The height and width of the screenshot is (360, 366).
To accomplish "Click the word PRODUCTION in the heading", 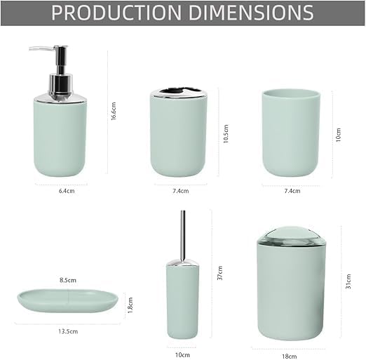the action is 116,13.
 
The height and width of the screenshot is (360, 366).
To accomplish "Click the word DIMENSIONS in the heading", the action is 251,13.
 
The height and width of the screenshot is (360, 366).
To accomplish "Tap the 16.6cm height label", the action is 114,111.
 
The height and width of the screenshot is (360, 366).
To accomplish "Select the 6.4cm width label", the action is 67,191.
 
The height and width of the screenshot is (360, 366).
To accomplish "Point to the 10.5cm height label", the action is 226,134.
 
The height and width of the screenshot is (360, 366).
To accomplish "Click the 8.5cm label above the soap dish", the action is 68,280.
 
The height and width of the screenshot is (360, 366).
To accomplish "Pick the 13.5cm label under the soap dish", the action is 68,331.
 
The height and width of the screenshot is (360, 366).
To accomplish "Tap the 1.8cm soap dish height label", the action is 130,305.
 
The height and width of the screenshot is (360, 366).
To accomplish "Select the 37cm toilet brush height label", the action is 219,273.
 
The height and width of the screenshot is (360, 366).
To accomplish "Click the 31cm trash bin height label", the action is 348,281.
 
